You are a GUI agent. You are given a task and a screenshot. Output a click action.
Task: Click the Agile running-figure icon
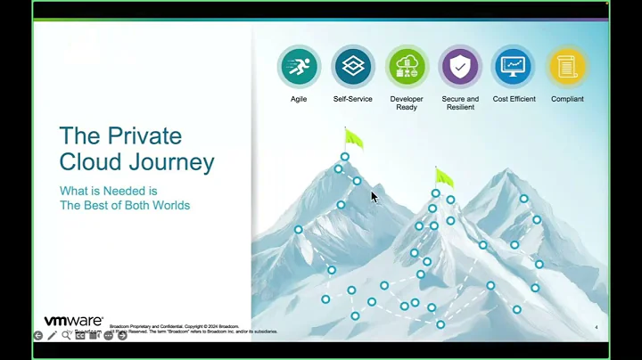point(299,67)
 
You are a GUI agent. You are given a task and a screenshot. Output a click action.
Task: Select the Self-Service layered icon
point(353,67)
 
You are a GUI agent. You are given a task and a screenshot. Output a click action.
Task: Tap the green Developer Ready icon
point(407,67)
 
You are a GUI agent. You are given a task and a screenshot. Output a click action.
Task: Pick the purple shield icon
point(460,67)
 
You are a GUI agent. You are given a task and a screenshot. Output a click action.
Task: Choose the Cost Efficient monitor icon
point(514,67)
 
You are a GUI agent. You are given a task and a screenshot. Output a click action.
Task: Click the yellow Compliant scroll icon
point(567,67)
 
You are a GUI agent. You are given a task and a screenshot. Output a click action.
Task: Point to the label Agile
point(299,99)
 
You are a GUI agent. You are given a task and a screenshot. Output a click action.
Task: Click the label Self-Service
point(353,99)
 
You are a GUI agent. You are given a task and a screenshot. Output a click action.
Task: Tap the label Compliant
point(567,99)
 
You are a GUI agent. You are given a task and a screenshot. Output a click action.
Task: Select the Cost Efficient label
point(514,99)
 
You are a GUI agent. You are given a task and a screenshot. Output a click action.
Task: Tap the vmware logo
point(74,321)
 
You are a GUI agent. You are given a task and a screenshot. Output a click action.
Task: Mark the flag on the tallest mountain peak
point(353,139)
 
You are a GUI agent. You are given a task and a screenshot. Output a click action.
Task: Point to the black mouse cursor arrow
point(374,196)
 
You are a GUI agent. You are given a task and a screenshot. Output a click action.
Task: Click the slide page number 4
point(596,328)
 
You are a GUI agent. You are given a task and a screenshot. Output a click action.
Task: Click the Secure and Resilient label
point(460,102)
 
